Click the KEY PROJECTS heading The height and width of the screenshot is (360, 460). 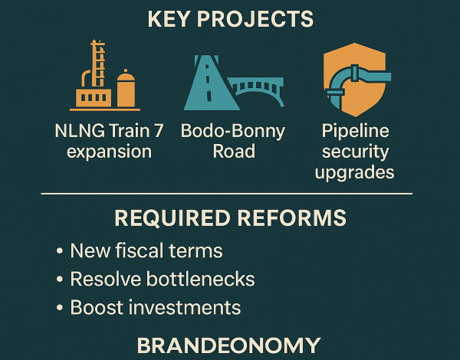(x=231, y=19)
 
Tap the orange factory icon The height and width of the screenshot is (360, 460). (x=105, y=76)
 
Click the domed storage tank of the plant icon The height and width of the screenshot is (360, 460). (x=127, y=89)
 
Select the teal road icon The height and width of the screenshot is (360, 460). (x=212, y=83)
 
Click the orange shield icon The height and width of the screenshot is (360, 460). (x=355, y=80)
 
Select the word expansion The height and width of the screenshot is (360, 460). (x=109, y=152)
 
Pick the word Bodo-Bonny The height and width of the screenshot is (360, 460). (x=233, y=131)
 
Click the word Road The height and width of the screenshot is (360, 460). (x=234, y=151)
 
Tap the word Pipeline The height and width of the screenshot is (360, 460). (x=355, y=131)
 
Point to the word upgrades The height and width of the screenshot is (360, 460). (x=354, y=172)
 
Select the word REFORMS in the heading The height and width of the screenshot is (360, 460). (x=292, y=218)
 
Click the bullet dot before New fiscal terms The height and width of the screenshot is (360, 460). (x=60, y=251)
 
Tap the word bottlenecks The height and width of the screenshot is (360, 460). (x=200, y=279)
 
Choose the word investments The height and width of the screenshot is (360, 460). (x=185, y=307)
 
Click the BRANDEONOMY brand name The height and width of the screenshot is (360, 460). (x=228, y=345)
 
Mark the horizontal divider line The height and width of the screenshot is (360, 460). (x=227, y=194)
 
